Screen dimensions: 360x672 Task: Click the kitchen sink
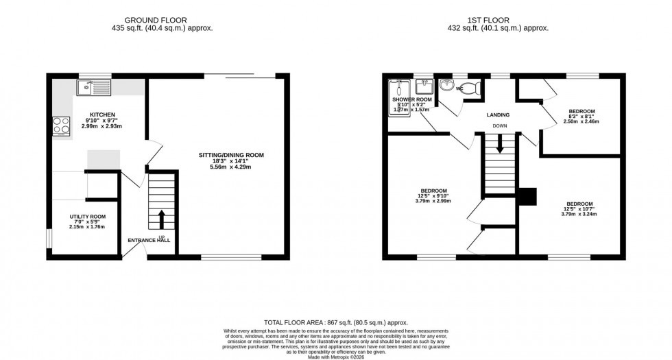94,86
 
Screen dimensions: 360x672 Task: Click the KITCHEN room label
102,115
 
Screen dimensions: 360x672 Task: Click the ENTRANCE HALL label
149,240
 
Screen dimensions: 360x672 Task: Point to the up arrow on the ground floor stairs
162,219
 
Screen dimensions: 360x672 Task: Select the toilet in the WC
472,88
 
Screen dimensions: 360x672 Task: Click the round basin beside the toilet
447,86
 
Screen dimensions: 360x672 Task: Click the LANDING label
498,115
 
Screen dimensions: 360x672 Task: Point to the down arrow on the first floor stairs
500,144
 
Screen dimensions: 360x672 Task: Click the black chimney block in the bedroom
527,196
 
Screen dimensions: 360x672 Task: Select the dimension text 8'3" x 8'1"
581,117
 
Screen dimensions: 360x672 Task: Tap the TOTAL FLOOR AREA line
336,322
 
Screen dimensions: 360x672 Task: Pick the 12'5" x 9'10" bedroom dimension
434,196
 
